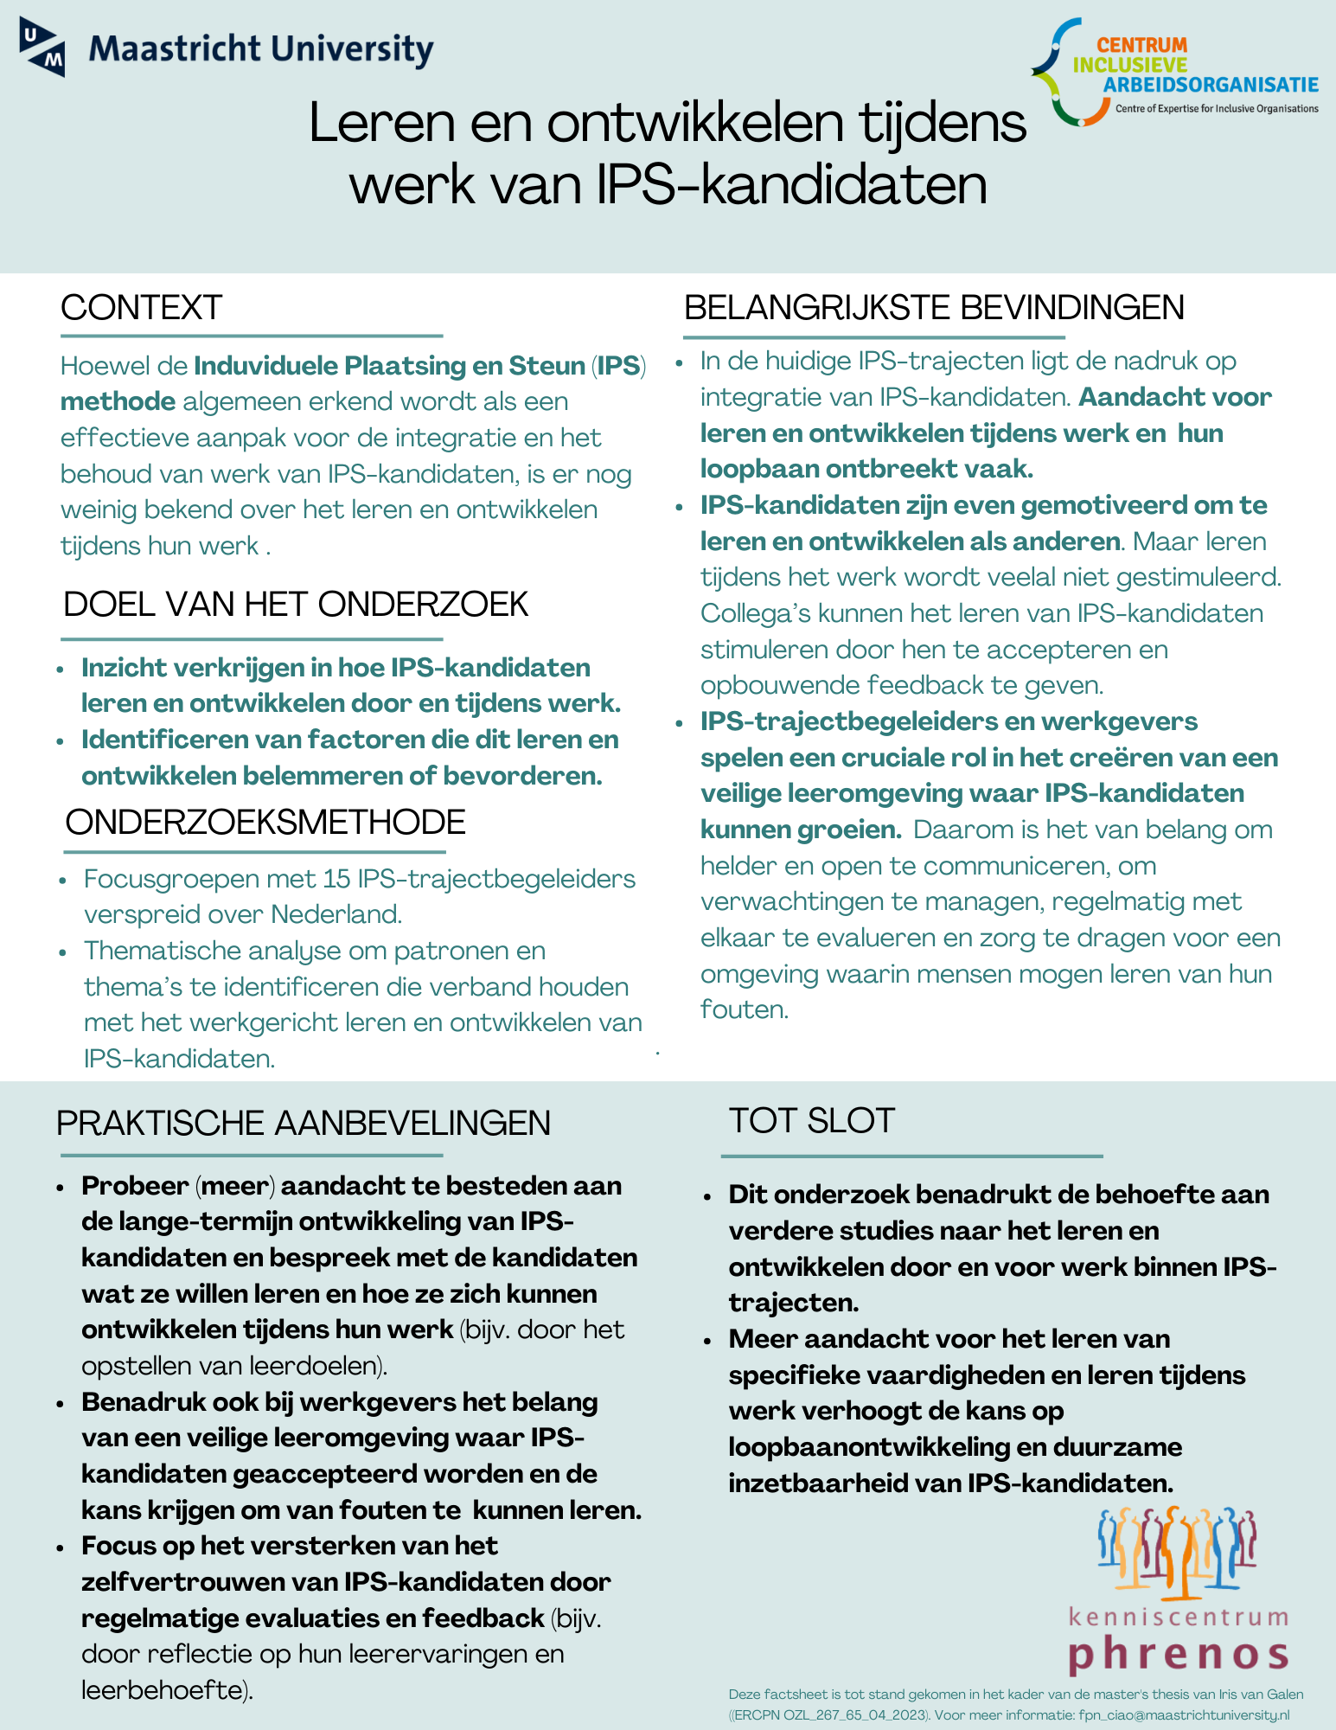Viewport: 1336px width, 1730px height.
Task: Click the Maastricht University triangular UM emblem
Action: point(42,48)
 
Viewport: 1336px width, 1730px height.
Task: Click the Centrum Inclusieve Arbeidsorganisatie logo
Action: point(1173,74)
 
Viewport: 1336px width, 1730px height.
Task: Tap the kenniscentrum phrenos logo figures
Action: point(1176,1551)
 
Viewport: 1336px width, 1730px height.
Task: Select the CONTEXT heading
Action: point(142,308)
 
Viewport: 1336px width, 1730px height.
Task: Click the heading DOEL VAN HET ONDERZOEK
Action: point(296,605)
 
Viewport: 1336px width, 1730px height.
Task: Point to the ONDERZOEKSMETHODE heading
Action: point(265,822)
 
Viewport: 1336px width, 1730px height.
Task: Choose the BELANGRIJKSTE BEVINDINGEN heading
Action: point(934,308)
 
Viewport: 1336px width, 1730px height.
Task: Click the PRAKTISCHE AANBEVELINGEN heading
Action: point(304,1123)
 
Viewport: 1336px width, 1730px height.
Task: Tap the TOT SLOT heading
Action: point(811,1121)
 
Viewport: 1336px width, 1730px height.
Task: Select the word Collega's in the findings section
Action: point(754,613)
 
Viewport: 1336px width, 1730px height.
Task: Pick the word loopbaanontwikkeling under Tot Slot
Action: point(868,1447)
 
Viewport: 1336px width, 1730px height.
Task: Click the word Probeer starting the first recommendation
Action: point(123,1186)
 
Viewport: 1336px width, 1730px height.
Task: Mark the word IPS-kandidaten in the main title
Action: point(790,184)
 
